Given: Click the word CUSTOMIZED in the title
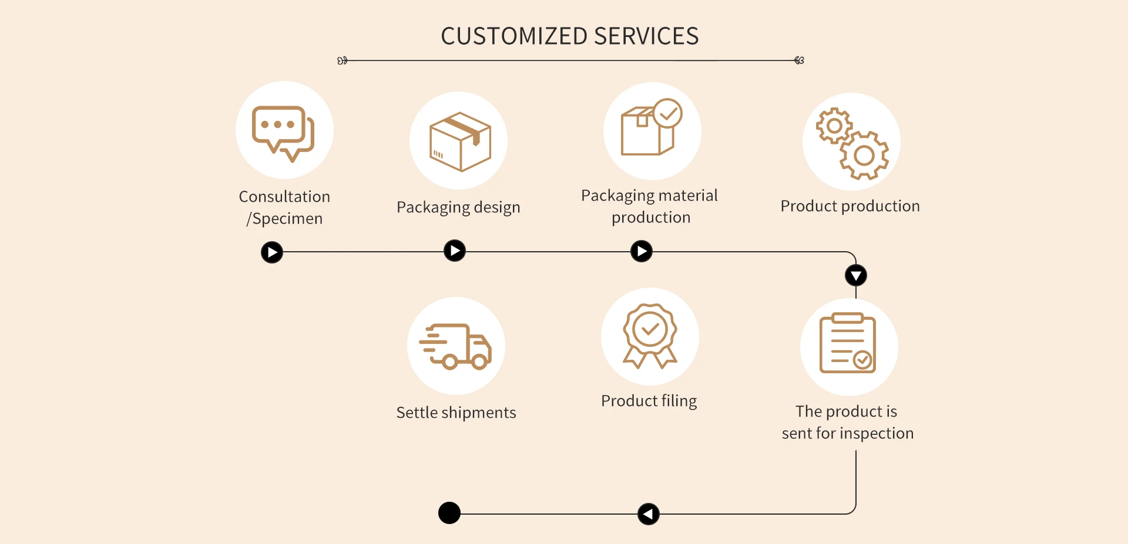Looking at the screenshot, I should pos(514,36).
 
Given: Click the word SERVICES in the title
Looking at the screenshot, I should pos(646,36).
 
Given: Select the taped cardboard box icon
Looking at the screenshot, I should pos(460,141).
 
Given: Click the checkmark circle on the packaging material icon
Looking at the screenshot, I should pos(668,113).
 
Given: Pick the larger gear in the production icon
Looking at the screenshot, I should pos(864,156).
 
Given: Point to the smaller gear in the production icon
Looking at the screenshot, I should pos(834,126).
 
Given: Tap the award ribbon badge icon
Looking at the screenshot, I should pos(650,335).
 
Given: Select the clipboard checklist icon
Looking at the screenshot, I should pos(848,344).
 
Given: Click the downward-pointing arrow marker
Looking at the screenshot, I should pos(856,275).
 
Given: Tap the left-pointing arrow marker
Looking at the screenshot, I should pos(648,514).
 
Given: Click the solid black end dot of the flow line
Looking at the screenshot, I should pos(449,513).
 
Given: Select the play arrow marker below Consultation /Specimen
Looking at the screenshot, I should pos(272,252).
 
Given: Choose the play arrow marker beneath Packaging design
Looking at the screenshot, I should pos(455,251).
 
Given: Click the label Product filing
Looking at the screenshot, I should pos(649,401).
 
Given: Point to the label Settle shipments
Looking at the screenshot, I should pos(456,413).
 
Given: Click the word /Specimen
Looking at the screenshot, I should pos(285,219).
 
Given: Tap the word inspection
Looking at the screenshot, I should pos(878,433).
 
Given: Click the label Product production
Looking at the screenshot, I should pos(850,206).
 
